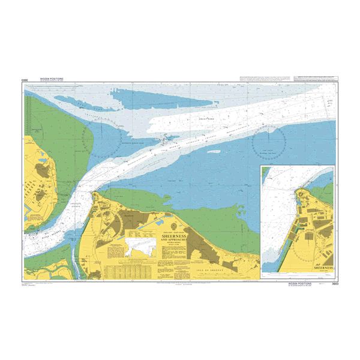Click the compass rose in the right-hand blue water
pyautogui.click(x=268, y=144)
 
